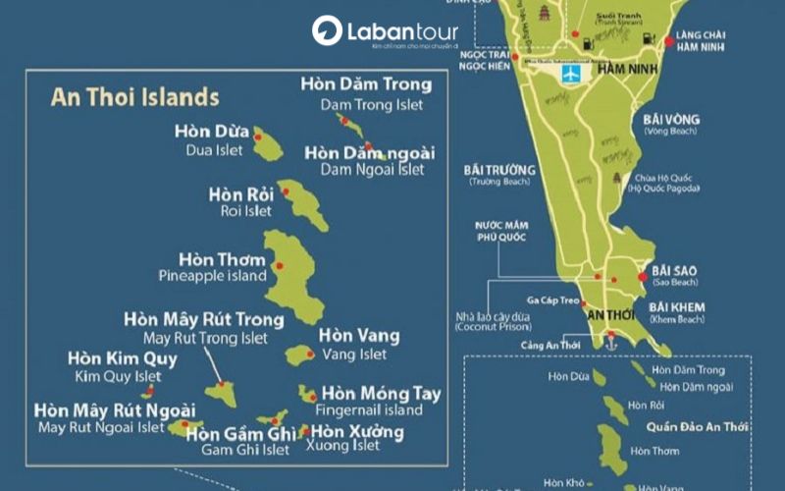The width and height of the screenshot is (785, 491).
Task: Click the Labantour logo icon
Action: coord(327,31)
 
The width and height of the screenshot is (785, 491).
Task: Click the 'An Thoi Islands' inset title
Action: coord(134,97)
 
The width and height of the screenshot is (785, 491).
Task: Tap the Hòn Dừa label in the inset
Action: coord(212,130)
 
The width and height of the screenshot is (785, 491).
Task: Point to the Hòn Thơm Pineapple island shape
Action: coord(292,277)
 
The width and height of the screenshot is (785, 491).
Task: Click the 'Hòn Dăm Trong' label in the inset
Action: coord(366,84)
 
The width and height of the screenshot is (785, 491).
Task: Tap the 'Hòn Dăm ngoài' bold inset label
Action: coord(370,153)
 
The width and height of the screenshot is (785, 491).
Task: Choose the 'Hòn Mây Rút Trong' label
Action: coord(204,319)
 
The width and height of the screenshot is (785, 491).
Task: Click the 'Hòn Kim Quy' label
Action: coord(122,358)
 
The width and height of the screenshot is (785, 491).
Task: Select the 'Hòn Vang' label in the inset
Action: coord(359,336)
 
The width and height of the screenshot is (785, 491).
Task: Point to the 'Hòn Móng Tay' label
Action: coord(381,394)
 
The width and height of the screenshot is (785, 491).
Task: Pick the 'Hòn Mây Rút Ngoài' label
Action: coord(114,409)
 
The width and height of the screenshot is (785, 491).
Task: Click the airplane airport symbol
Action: coord(568,75)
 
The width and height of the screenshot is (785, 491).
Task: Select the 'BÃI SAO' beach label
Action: coord(674,269)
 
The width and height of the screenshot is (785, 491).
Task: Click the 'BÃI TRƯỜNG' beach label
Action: coord(498,169)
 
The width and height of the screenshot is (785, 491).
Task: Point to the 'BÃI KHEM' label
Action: coord(676,307)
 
